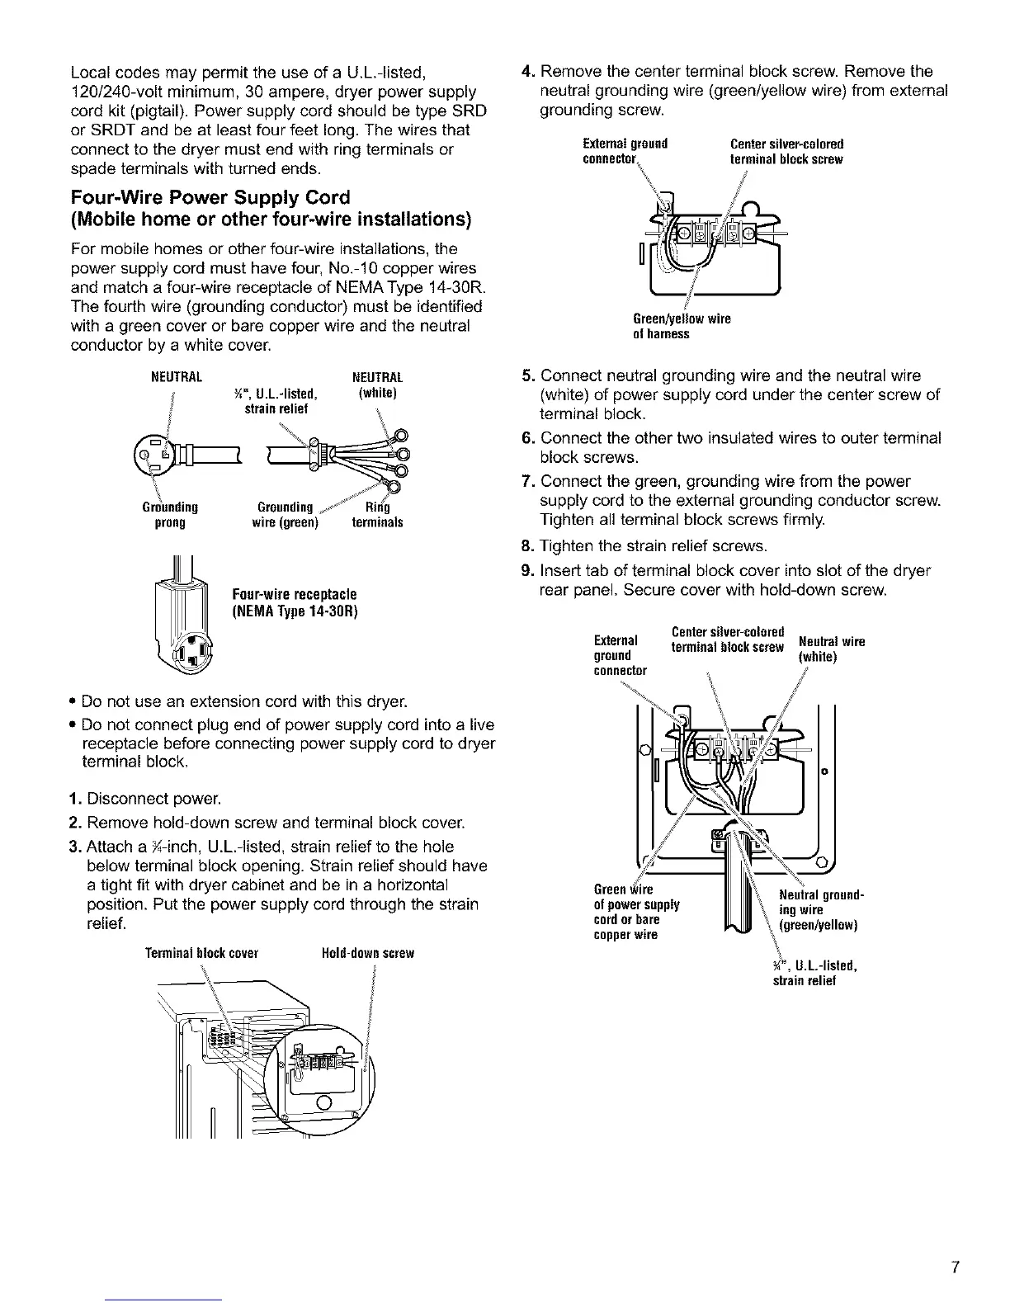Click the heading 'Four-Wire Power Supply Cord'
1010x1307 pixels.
pos(210,198)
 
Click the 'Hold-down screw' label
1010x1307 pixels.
pos(367,953)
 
